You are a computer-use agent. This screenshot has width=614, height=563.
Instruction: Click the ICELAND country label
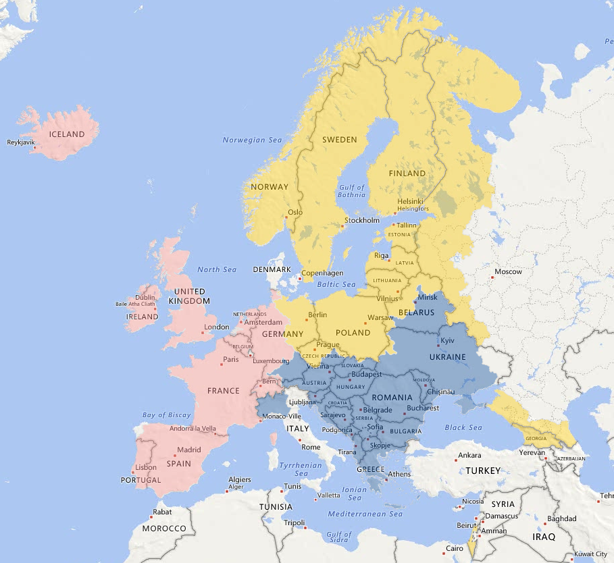click(x=67, y=134)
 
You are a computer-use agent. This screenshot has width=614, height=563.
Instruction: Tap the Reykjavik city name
click(x=20, y=142)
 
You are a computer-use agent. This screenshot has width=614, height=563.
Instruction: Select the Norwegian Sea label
click(x=252, y=140)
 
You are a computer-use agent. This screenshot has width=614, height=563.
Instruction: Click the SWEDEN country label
click(x=339, y=140)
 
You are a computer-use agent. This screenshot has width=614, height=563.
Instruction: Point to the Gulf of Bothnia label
click(x=352, y=192)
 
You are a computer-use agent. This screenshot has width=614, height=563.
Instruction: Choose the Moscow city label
click(x=508, y=272)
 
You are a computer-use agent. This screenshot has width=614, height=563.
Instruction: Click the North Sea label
click(x=217, y=270)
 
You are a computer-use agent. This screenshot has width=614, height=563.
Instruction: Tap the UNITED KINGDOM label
click(x=189, y=296)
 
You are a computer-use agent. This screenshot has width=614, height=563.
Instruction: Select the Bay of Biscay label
click(x=167, y=415)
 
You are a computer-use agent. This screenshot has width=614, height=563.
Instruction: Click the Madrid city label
click(x=189, y=450)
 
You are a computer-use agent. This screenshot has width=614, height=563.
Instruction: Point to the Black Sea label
click(x=463, y=428)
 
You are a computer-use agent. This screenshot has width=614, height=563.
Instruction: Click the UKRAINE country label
click(x=448, y=357)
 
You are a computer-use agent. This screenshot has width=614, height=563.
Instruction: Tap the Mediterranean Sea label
click(x=365, y=514)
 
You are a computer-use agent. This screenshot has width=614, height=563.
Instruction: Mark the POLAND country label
click(x=353, y=333)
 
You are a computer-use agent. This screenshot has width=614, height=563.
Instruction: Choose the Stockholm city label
click(x=362, y=221)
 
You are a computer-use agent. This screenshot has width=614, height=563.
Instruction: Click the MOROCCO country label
click(x=163, y=529)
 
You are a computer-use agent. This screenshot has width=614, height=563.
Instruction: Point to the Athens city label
click(x=399, y=475)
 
